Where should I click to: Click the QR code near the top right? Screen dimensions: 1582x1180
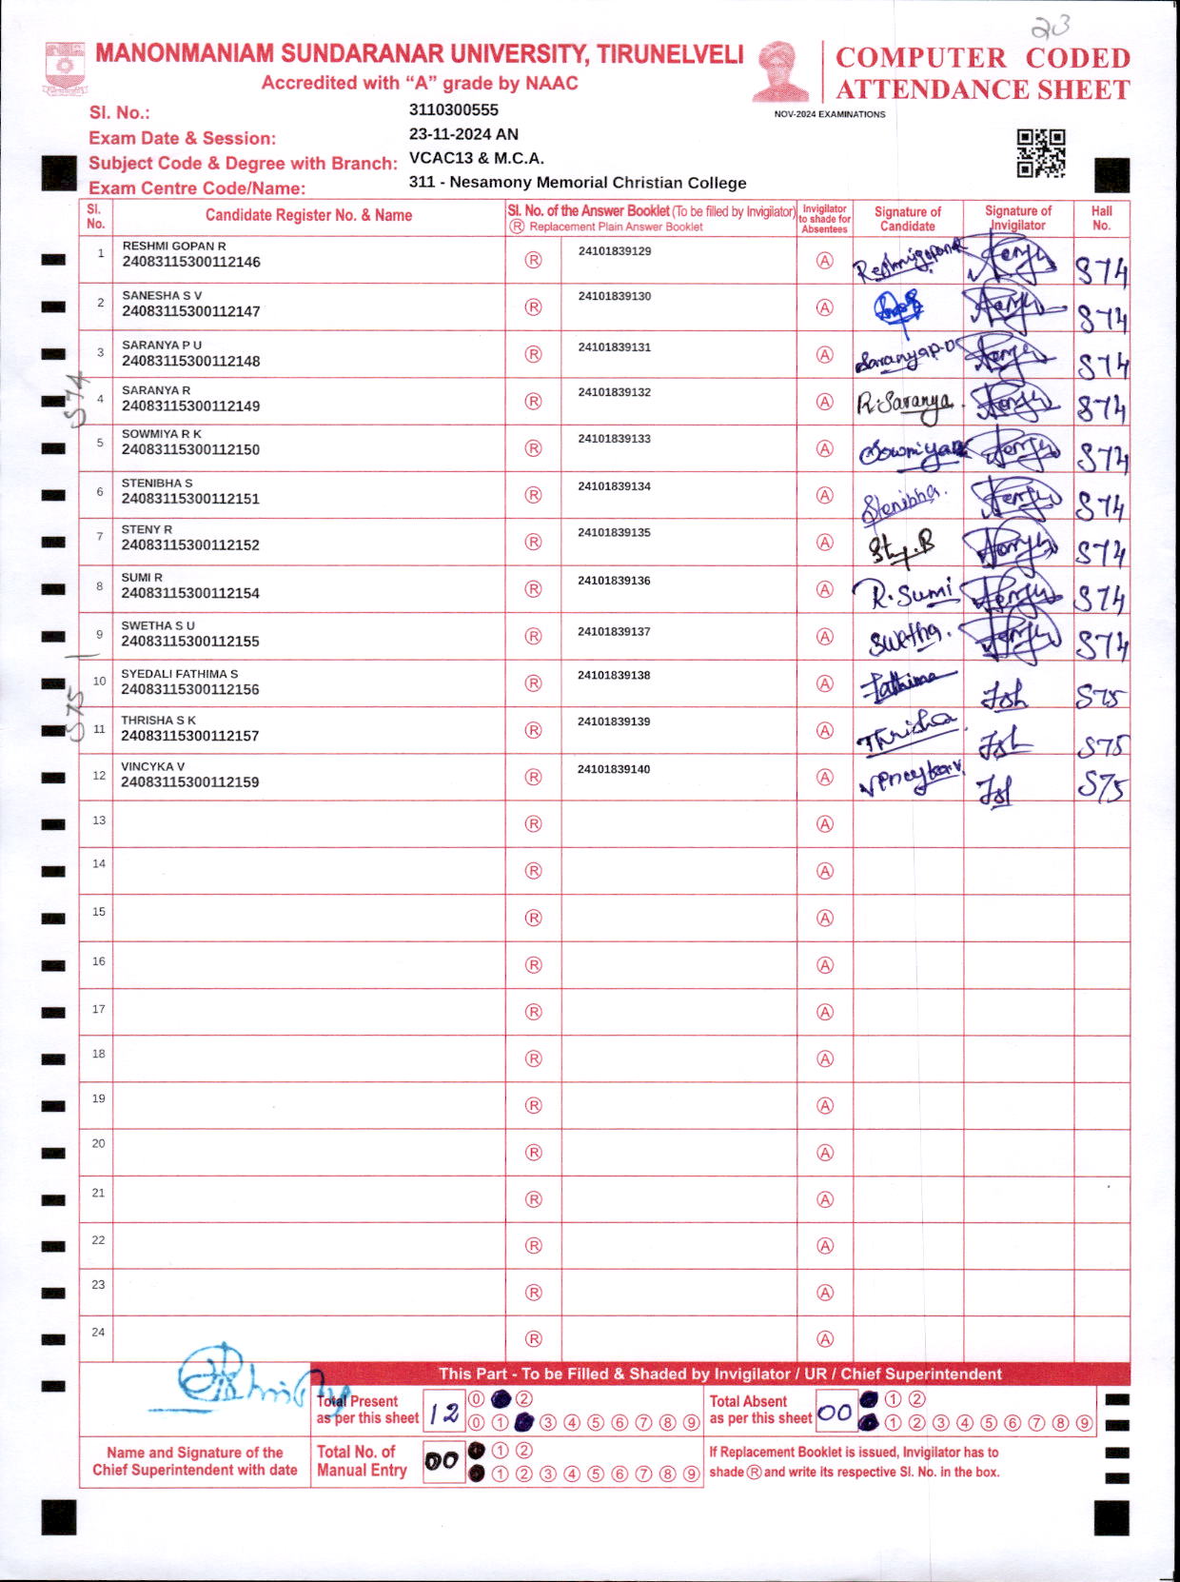click(1040, 153)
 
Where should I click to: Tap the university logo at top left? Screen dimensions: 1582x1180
click(65, 67)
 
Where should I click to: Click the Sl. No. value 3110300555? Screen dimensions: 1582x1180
click(454, 110)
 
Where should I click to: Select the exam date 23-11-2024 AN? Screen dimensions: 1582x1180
click(463, 134)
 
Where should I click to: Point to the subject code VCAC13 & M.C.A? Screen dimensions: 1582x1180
click(476, 158)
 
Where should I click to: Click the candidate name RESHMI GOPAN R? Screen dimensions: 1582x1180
click(174, 246)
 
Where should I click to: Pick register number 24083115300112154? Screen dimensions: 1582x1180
click(190, 593)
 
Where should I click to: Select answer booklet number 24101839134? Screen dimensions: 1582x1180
click(614, 486)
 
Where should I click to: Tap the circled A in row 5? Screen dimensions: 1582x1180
click(825, 448)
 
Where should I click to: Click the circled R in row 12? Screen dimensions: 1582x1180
click(533, 777)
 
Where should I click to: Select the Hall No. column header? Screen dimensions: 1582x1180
click(1101, 218)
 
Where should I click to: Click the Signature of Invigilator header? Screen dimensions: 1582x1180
click(1017, 218)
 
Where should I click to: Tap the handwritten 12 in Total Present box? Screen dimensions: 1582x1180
click(443, 1414)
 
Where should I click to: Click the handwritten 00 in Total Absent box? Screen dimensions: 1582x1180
click(835, 1413)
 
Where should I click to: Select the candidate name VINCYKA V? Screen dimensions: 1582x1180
click(153, 766)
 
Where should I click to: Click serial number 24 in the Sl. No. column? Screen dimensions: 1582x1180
click(98, 1332)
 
